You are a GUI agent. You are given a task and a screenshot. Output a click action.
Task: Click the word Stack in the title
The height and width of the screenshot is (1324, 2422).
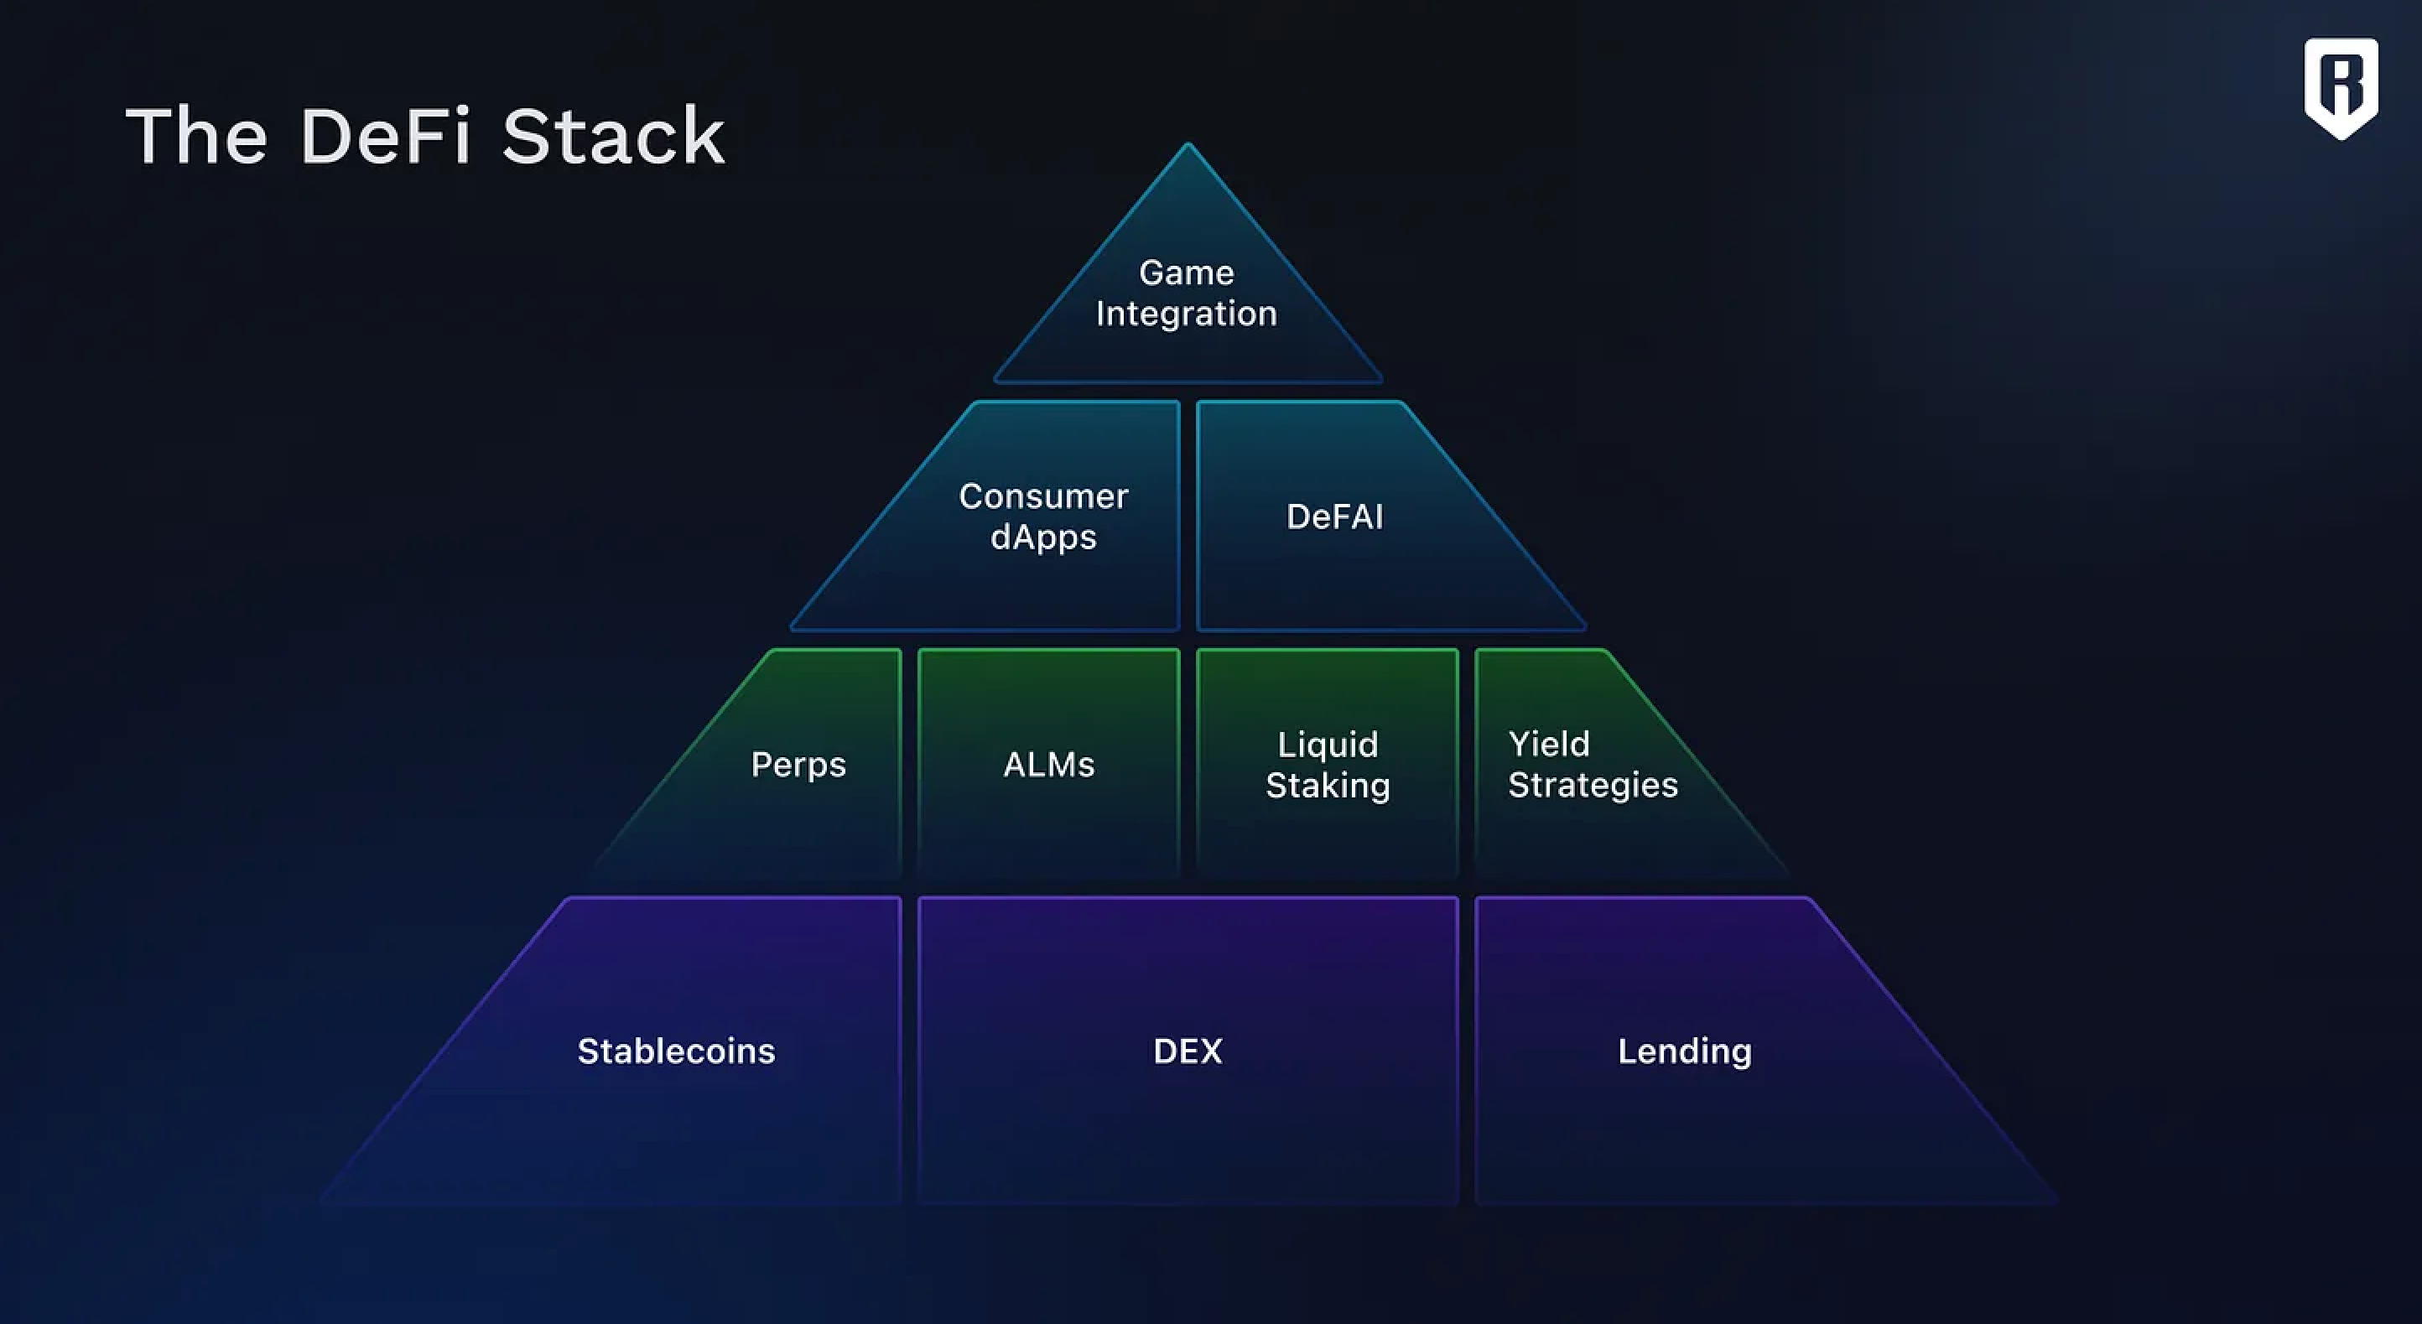(x=613, y=138)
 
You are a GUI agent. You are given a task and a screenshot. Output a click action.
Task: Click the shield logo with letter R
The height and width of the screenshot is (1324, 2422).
(x=2340, y=87)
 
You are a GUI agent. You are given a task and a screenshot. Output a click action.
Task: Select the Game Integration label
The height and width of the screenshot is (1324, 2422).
(x=1187, y=293)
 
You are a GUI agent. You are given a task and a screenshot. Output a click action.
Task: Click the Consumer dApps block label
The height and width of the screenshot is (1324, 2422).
(x=1043, y=517)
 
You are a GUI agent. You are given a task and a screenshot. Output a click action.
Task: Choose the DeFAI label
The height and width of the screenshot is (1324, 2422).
(x=1334, y=517)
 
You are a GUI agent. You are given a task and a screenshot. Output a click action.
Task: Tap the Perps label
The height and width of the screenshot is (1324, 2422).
(x=798, y=765)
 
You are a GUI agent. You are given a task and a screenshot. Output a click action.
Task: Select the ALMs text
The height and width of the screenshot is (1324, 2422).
(x=1049, y=765)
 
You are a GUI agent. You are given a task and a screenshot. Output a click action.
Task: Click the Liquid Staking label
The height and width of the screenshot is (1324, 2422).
(x=1328, y=765)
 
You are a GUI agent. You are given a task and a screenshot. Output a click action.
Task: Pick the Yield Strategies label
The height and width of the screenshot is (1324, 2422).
(x=1592, y=765)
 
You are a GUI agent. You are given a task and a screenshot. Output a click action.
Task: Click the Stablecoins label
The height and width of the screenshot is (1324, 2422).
(x=676, y=1051)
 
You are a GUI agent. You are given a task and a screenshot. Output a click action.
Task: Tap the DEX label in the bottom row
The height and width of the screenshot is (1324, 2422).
(x=1188, y=1051)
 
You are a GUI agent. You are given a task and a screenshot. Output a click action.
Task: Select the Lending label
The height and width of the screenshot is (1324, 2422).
(x=1684, y=1051)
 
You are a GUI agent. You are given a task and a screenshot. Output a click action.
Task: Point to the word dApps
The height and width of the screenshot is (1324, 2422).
(x=1043, y=537)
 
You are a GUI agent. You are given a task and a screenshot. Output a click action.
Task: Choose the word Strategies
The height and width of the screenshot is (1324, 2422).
(x=1593, y=785)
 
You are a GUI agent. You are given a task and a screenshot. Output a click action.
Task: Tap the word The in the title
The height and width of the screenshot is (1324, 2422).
(x=196, y=138)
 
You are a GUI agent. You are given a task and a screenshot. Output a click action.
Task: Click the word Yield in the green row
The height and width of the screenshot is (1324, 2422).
(x=1548, y=745)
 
